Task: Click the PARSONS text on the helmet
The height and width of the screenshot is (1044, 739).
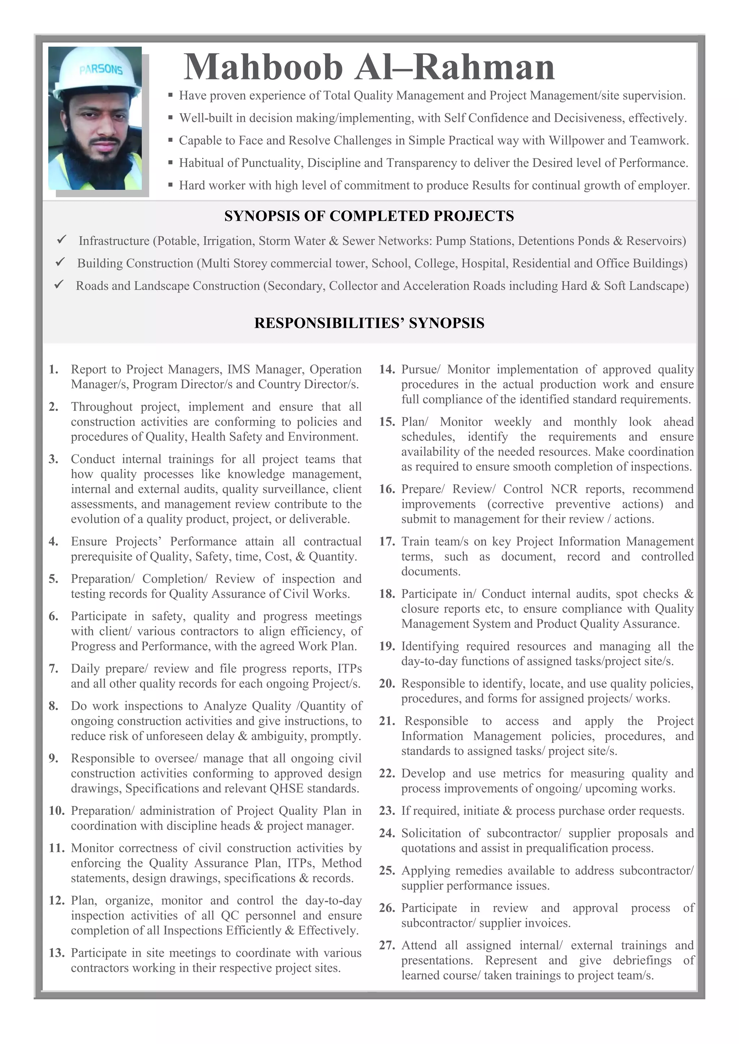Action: pos(101,70)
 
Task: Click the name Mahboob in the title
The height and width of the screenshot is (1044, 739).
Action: pos(263,67)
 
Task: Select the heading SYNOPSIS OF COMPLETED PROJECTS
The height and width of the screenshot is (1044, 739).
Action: pos(369,216)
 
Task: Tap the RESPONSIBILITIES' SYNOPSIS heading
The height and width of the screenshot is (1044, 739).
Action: pos(369,323)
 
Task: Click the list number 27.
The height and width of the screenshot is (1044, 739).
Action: pos(387,945)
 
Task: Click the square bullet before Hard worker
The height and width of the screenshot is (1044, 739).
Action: pos(170,185)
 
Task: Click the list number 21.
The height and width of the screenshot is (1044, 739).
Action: pos(387,721)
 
